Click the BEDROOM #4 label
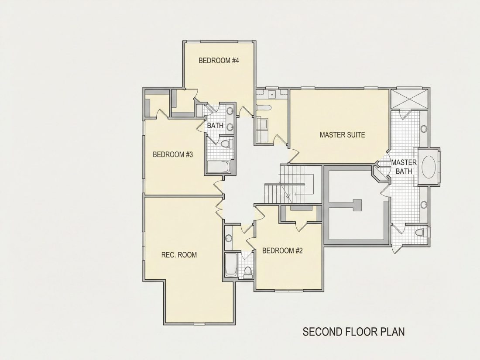tap(219, 61)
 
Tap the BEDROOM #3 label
tap(173, 154)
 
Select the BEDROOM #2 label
tap(282, 251)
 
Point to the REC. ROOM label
tap(179, 255)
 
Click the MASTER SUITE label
tap(342, 135)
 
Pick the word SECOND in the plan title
tap(322, 332)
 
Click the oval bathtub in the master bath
tap(429, 167)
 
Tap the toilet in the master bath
tap(422, 232)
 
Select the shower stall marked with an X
tap(409, 98)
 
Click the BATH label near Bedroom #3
tap(215, 126)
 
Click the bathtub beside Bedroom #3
tap(218, 167)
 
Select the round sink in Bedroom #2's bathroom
tap(228, 238)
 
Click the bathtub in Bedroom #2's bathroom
tap(231, 265)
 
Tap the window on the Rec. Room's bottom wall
tap(199, 324)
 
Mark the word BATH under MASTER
tap(404, 171)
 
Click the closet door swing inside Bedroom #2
tap(301, 226)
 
